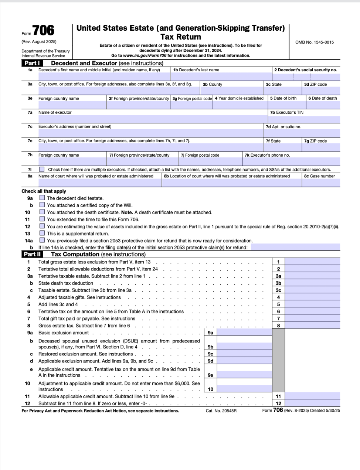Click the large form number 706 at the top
click(x=43, y=30)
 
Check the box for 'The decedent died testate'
click(x=42, y=198)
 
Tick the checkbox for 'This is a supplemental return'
click(x=42, y=233)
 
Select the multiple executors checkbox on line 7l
click(x=42, y=170)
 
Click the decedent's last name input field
click(x=221, y=76)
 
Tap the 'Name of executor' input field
click(x=152, y=119)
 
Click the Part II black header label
click(x=33, y=254)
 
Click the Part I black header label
click(x=32, y=63)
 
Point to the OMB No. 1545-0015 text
click(x=314, y=42)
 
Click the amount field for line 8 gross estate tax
click(x=312, y=326)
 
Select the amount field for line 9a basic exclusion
click(x=244, y=333)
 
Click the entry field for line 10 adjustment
click(x=244, y=389)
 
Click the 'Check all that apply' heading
click(x=44, y=191)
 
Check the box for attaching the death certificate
click(x=42, y=212)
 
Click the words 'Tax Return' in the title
click(x=181, y=37)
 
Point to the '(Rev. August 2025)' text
click(x=39, y=42)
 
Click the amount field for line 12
click(x=312, y=403)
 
